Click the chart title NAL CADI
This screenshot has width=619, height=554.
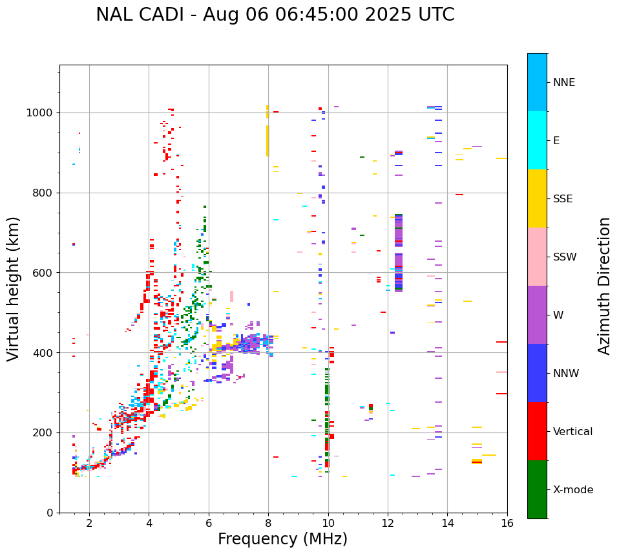click(x=275, y=15)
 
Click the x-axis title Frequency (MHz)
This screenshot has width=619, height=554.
click(x=282, y=539)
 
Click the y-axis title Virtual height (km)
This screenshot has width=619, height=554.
click(x=14, y=289)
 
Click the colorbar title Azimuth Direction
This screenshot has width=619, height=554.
click(x=604, y=286)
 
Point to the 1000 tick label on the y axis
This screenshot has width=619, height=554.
click(x=40, y=112)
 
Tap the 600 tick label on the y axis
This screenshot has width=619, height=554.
click(x=43, y=273)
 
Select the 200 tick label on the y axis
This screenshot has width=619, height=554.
click(x=43, y=432)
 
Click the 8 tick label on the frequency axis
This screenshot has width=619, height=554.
click(x=268, y=523)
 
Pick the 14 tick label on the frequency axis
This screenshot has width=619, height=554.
click(x=448, y=523)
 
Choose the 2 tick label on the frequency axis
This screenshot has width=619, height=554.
click(x=89, y=523)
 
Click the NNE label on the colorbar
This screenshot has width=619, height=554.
click(x=563, y=83)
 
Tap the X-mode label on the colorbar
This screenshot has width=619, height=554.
click(x=572, y=490)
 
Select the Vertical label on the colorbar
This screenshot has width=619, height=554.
click(x=572, y=432)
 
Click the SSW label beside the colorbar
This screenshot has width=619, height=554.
click(x=565, y=257)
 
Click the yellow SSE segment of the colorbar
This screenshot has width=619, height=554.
click(x=537, y=198)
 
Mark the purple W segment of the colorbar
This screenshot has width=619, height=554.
click(x=537, y=315)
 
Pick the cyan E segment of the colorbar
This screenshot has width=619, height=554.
click(x=537, y=140)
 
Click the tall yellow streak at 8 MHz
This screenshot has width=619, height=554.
click(x=268, y=139)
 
